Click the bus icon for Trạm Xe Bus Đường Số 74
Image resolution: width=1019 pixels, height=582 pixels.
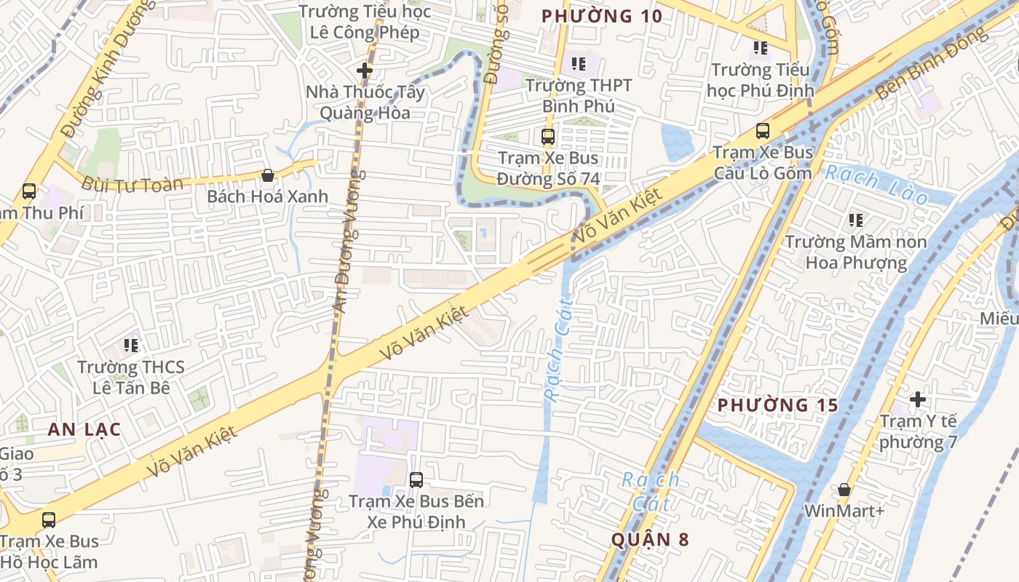(x=547, y=136)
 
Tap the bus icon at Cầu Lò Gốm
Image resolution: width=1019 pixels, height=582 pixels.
(x=762, y=131)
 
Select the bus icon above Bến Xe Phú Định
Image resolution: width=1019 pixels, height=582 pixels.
(x=416, y=479)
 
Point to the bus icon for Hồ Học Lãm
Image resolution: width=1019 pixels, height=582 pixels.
(x=48, y=520)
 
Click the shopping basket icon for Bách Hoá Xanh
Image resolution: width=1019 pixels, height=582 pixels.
(x=267, y=175)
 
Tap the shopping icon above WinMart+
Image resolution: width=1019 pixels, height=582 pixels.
(x=844, y=490)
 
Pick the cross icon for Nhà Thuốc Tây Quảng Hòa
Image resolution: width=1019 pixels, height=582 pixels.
(x=365, y=71)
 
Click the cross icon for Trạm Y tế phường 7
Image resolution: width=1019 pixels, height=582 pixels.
(x=917, y=399)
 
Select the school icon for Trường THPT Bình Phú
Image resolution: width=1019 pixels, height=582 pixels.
(x=579, y=64)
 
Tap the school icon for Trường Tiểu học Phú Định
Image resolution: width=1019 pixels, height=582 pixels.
(x=760, y=49)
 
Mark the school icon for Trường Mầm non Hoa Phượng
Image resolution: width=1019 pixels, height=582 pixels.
(x=855, y=220)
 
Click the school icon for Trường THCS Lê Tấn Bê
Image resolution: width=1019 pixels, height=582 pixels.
(x=131, y=345)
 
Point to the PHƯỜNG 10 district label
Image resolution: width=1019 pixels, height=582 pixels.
(x=602, y=16)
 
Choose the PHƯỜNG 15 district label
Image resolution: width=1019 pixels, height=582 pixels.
(x=777, y=405)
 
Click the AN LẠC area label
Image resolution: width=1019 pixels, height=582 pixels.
(x=84, y=429)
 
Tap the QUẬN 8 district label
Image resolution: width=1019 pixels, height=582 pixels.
(x=649, y=539)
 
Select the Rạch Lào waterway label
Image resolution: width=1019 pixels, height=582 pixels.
(x=876, y=185)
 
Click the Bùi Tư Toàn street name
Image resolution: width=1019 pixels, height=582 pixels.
(x=132, y=184)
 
